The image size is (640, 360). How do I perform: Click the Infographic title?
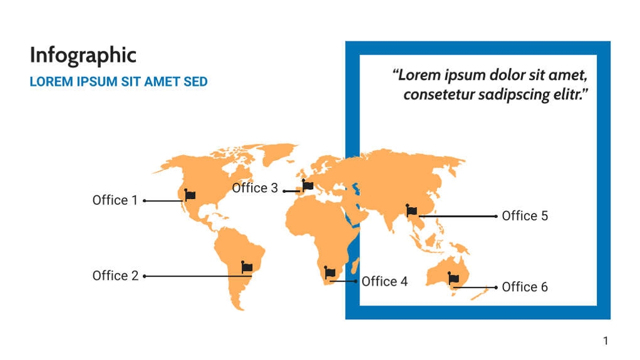point(83,56)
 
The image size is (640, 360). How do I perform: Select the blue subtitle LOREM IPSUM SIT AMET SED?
point(118,82)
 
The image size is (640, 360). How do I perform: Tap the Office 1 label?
point(115,200)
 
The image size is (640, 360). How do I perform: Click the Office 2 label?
point(115,275)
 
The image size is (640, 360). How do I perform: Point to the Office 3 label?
point(255,188)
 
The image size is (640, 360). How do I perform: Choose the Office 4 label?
point(385,282)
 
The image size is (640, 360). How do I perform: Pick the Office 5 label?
point(525,216)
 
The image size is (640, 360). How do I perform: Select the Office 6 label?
point(525,287)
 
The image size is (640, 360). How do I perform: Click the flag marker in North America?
point(190,195)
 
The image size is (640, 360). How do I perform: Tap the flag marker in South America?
point(247,267)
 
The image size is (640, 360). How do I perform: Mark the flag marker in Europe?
point(307,186)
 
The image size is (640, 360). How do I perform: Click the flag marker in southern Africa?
point(330,273)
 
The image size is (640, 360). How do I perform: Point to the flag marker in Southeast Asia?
point(411,211)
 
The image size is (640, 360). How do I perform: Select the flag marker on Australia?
point(453,279)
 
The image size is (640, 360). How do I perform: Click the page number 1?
point(606,341)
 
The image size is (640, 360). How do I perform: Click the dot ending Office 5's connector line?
point(496,216)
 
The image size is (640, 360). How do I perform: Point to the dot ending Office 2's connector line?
point(145,275)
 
